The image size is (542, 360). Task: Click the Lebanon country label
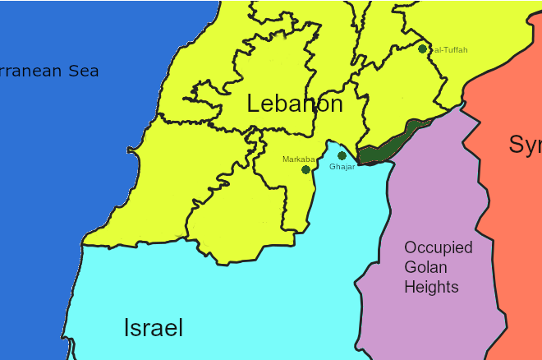(294, 104)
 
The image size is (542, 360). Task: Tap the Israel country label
(154, 328)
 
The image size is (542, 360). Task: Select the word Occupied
(438, 247)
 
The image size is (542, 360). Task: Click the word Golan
(425, 267)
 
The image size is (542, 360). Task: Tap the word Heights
(431, 287)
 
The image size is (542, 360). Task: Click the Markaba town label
(298, 159)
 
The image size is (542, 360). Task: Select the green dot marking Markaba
(305, 169)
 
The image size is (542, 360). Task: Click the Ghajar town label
(342, 167)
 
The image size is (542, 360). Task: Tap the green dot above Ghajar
(342, 155)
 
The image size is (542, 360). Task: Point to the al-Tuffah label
(450, 50)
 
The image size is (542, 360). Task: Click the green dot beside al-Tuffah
(422, 48)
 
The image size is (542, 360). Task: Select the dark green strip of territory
(389, 145)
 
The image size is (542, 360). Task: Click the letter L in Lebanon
(254, 104)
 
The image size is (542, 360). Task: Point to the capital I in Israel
(126, 328)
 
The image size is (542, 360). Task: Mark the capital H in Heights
(409, 287)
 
